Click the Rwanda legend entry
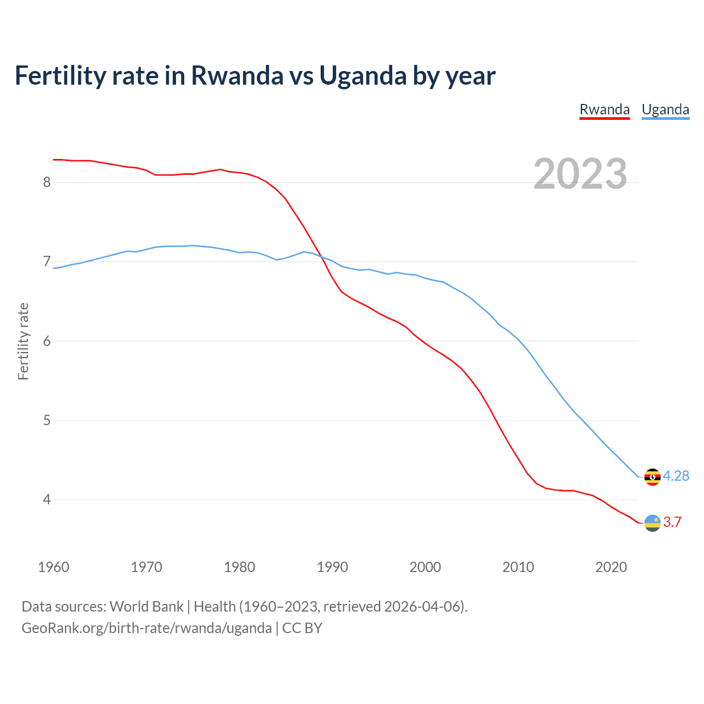604,109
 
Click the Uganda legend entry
665,109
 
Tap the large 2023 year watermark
580,174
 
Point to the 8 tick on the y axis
47,182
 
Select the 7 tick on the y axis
47,261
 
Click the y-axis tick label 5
47,420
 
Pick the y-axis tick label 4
47,499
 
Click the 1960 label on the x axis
53,567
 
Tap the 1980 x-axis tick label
239,567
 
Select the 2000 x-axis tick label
425,567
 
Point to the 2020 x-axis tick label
611,567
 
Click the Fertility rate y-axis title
23,341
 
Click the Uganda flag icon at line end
652,477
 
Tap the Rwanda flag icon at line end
652,522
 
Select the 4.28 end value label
676,476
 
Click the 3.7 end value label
672,522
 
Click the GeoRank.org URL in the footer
146,628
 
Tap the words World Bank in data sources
146,607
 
